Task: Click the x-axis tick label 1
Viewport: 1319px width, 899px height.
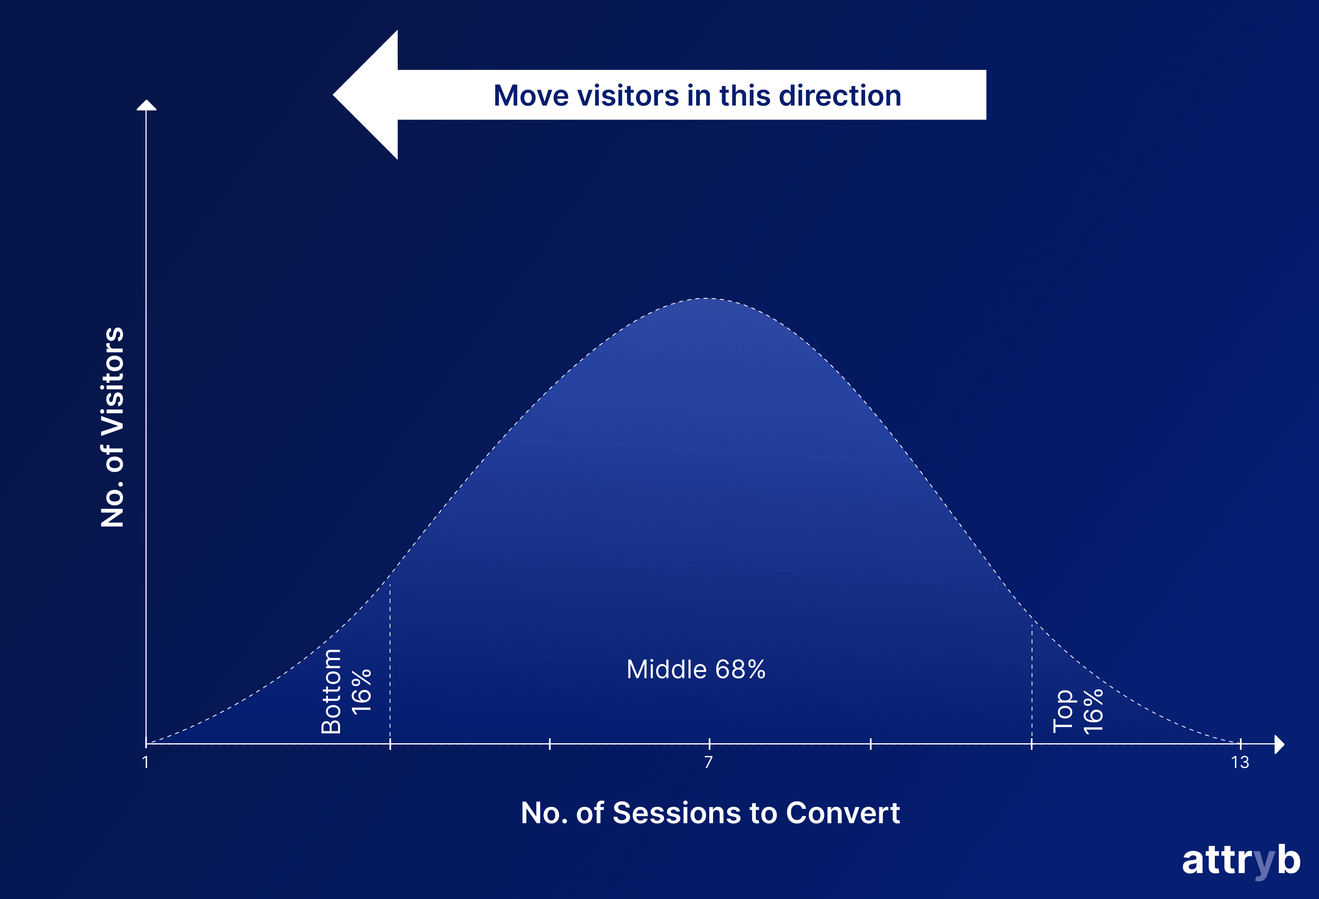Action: point(146,762)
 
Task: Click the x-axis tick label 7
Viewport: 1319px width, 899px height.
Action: point(708,762)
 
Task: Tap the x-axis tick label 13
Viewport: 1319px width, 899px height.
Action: point(1240,762)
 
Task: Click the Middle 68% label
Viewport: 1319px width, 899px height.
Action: point(696,670)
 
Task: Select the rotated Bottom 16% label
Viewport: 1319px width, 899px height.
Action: point(346,691)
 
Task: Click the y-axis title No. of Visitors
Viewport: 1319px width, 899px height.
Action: point(112,427)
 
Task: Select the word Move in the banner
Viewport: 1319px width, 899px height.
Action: point(531,96)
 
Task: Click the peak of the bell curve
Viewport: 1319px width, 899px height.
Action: point(706,299)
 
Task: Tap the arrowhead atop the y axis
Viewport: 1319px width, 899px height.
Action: point(147,105)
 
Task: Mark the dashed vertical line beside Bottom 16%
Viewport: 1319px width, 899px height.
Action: point(390,659)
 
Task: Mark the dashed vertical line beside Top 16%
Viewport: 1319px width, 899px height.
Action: point(1032,681)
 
